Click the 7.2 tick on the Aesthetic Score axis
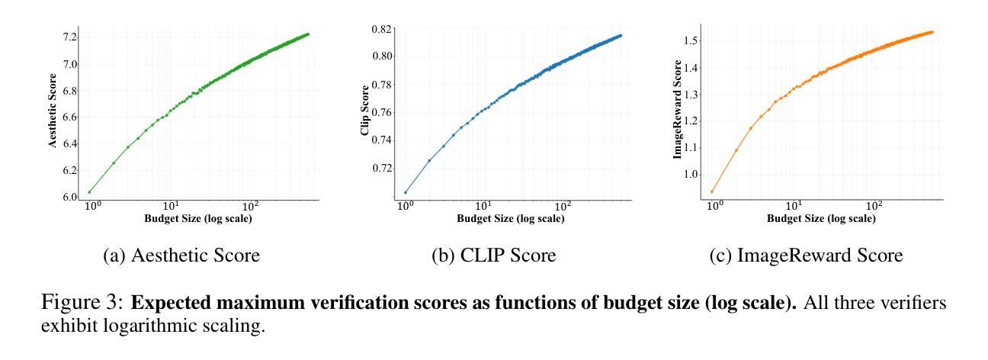pos(69,37)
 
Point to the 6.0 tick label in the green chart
pos(69,197)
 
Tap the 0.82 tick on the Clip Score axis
pos(382,29)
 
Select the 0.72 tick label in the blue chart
pos(382,167)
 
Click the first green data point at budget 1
pos(89,191)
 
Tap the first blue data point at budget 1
pos(406,192)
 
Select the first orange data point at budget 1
pos(712,191)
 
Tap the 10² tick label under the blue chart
pos(563,207)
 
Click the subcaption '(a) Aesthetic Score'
pos(181,256)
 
